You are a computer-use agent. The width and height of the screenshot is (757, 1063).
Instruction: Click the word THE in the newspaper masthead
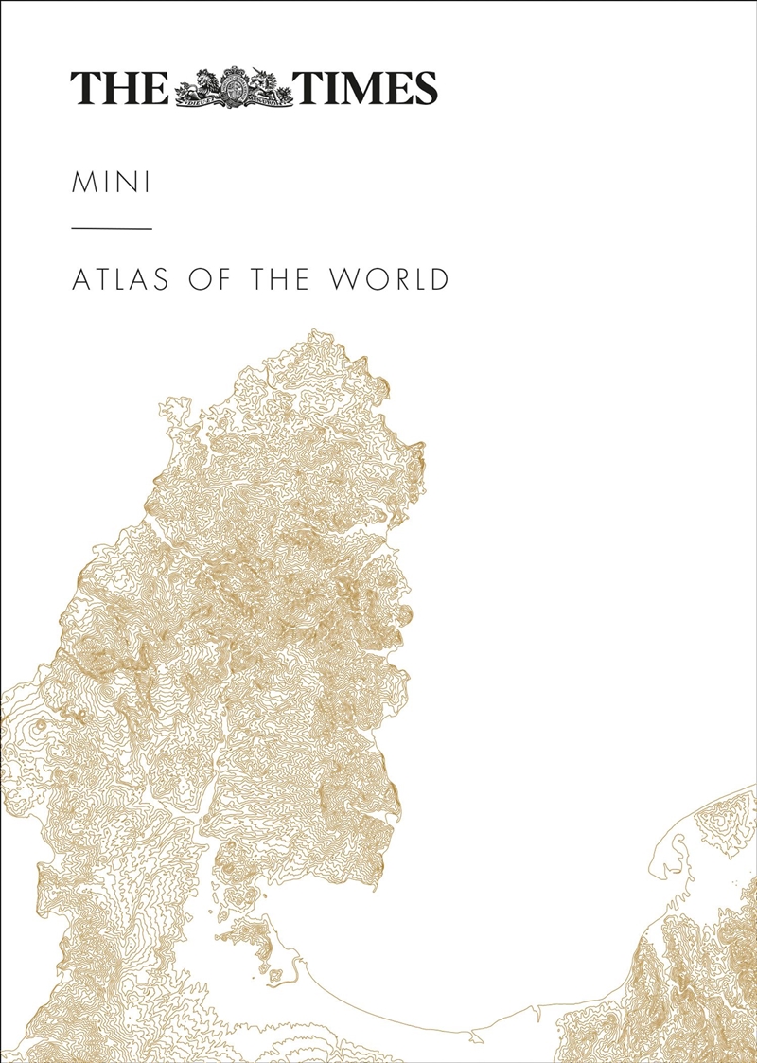point(119,88)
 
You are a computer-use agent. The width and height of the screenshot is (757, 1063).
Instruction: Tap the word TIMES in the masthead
point(368,88)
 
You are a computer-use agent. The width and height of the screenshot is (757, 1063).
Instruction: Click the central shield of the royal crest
point(236,87)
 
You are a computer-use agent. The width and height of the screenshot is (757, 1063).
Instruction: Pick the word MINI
point(111,183)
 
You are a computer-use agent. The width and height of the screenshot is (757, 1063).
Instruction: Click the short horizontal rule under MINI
point(111,229)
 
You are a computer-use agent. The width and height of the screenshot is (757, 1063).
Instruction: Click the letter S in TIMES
point(424,88)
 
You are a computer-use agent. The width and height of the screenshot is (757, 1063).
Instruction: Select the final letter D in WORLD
point(438,280)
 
